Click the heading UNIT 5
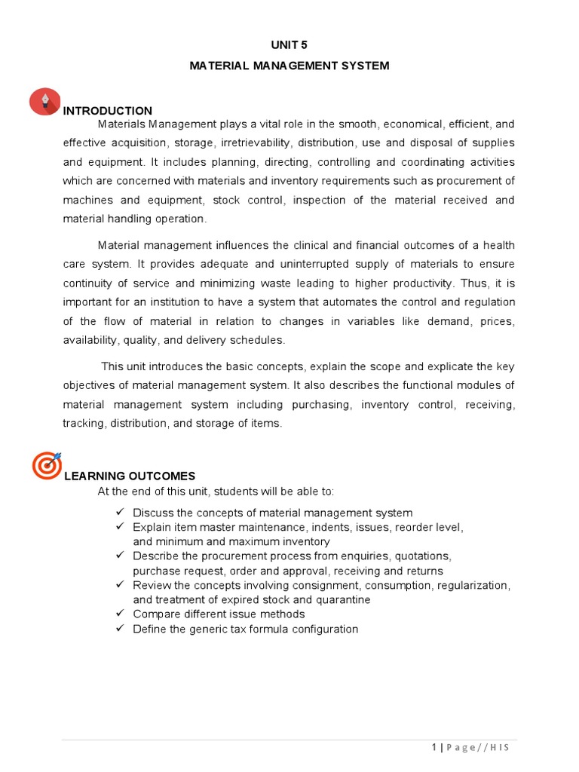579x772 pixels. click(x=289, y=45)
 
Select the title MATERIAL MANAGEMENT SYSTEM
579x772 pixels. click(x=289, y=66)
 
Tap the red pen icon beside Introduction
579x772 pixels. click(x=45, y=101)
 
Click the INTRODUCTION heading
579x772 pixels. click(x=108, y=111)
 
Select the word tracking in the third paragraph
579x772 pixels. click(x=83, y=423)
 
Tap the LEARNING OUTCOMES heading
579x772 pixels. click(x=130, y=476)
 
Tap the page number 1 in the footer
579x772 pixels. click(x=433, y=747)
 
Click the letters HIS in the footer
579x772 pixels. click(x=500, y=747)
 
